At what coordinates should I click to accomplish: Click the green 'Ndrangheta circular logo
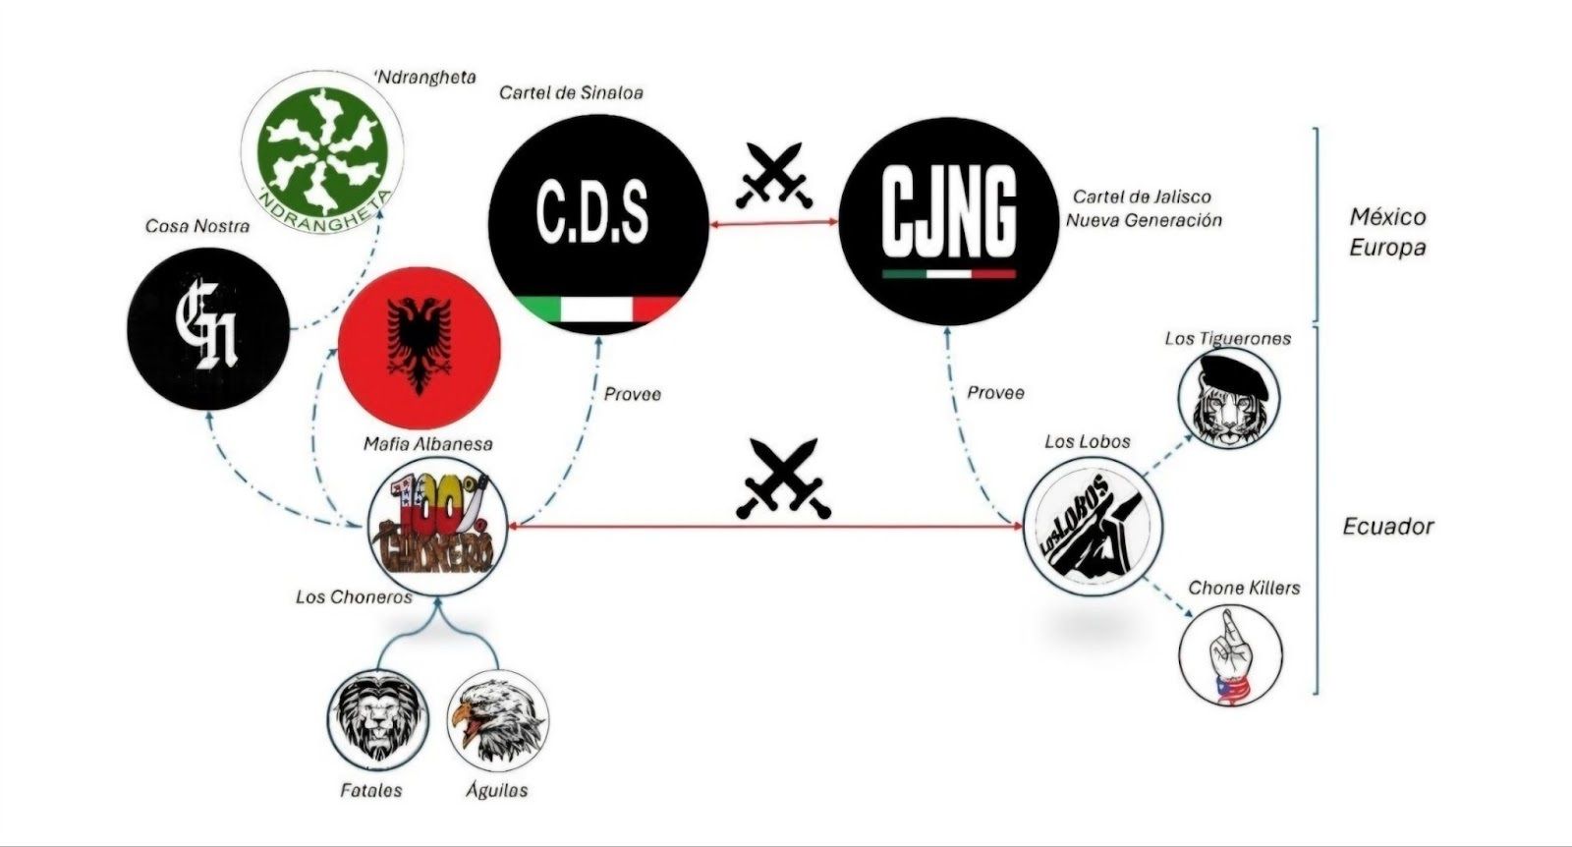point(322,151)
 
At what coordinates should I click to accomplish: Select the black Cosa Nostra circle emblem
point(208,329)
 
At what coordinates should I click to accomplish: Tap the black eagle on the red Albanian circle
point(419,345)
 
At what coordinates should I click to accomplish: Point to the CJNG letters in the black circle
point(948,211)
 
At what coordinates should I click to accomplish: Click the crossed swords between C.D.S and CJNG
point(774,176)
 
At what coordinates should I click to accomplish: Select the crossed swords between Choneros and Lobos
point(783,479)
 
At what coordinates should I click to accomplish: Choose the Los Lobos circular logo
point(1092,527)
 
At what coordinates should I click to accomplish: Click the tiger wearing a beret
point(1229,398)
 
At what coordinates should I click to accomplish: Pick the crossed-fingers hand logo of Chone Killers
point(1230,655)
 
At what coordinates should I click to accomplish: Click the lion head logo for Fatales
point(378,720)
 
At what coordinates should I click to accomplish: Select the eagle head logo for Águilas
point(497,720)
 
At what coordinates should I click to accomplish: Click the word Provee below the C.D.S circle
point(633,394)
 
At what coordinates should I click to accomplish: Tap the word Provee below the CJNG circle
point(995,393)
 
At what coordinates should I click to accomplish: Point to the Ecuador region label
point(1387,527)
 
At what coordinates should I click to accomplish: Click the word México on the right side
point(1387,217)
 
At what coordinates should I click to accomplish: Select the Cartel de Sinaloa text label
point(571,92)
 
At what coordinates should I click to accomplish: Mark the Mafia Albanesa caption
point(428,444)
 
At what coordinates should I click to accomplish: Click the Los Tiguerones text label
point(1227,339)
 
